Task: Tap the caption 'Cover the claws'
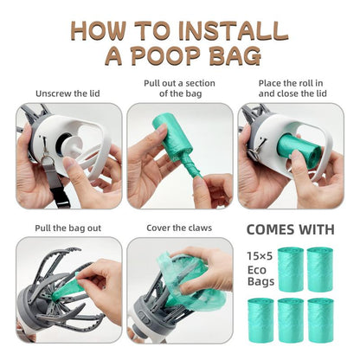179,229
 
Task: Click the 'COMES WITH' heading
291,230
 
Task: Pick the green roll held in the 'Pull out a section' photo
170,139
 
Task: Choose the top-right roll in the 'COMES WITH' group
320,269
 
